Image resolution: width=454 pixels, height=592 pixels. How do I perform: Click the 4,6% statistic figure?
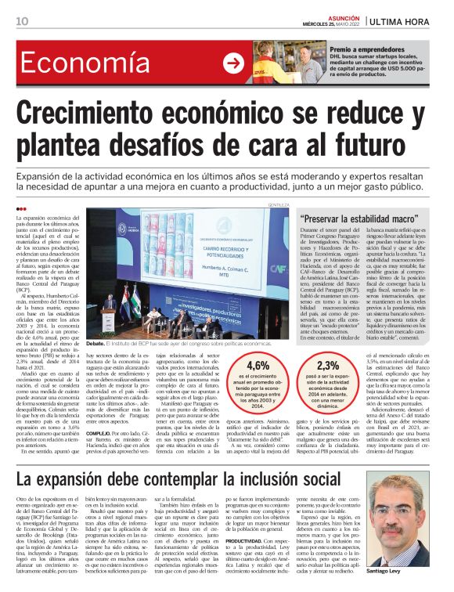tap(258, 365)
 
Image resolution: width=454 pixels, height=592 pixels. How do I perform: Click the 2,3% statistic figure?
tap(328, 365)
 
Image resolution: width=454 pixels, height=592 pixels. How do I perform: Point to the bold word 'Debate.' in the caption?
tap(96, 343)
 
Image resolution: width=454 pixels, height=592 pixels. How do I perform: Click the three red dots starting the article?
tap(21, 208)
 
